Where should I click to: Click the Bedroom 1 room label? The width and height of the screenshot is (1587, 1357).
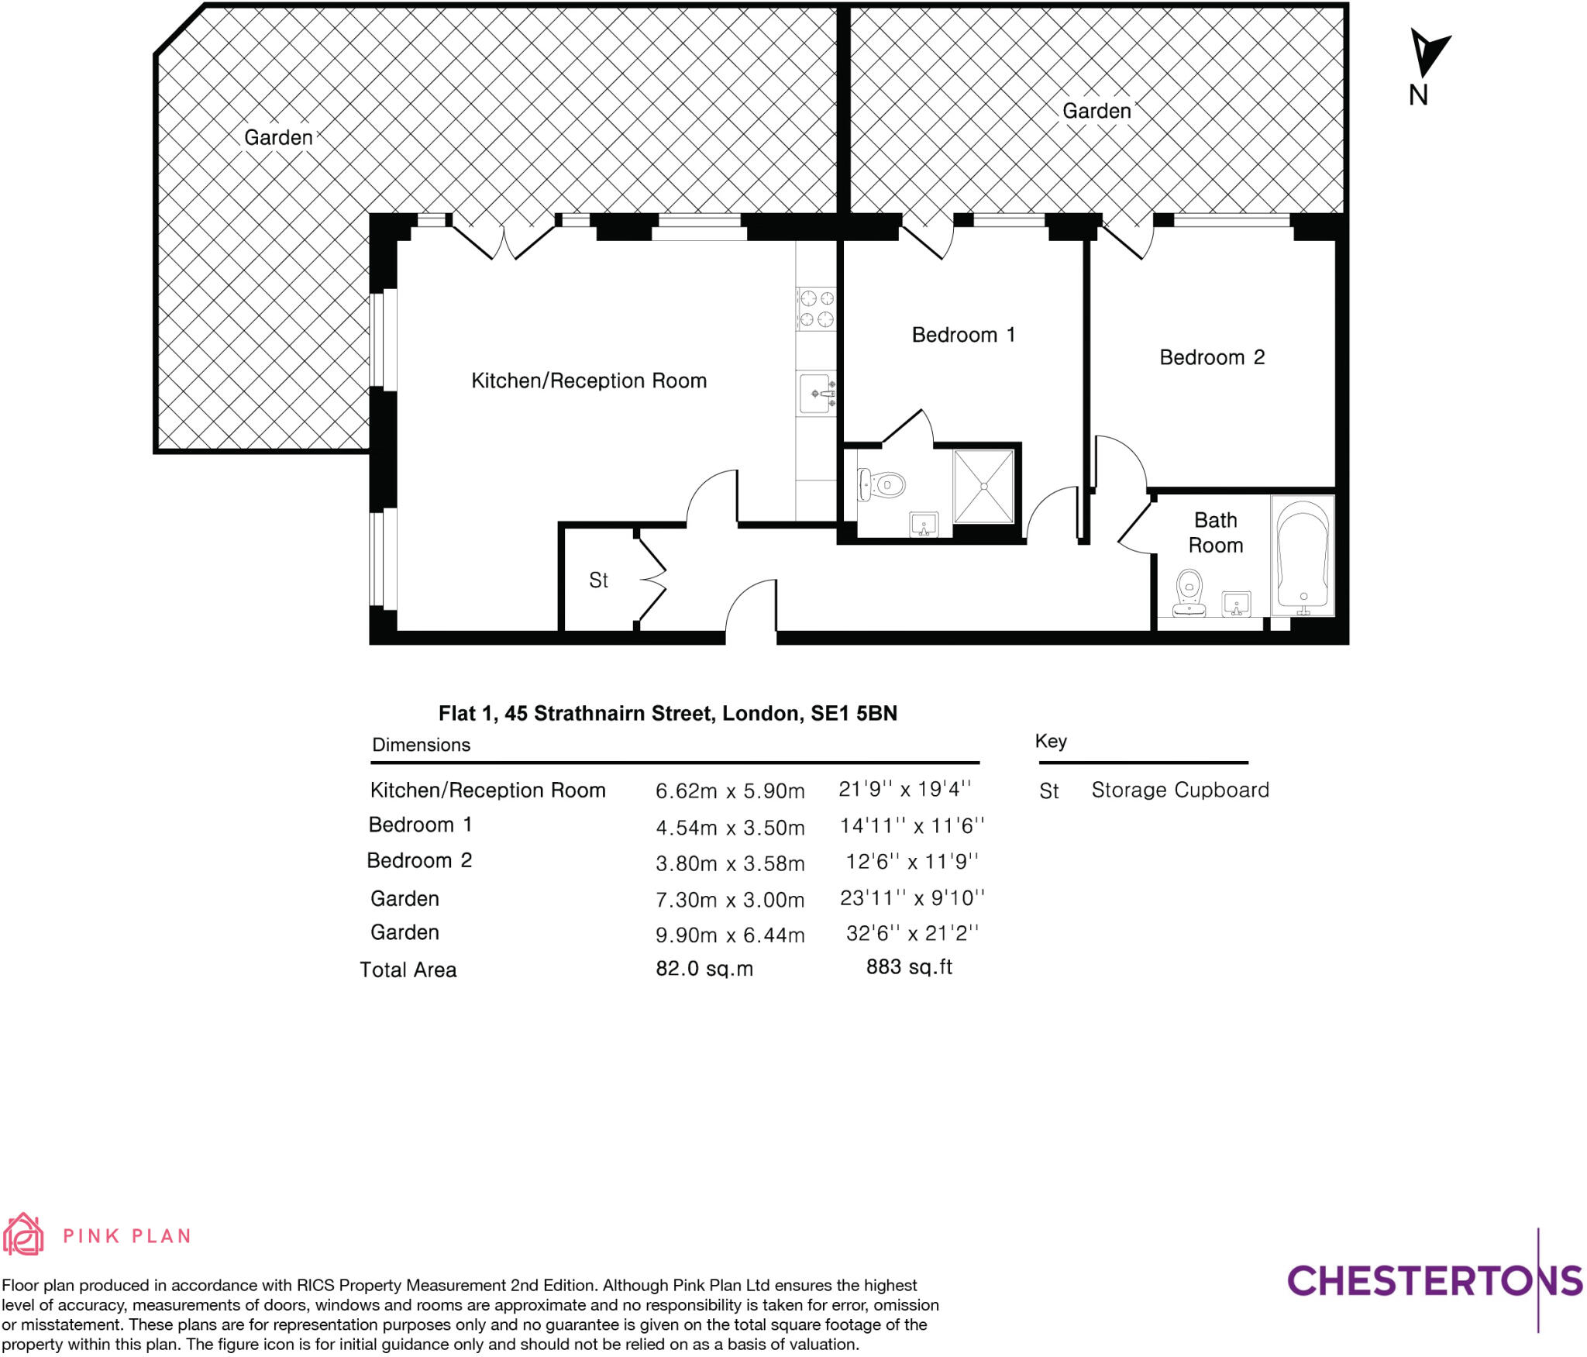coord(962,335)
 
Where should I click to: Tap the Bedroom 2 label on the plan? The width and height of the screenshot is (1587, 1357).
coord(1211,357)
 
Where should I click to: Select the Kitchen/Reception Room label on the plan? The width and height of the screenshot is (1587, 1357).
coord(589,381)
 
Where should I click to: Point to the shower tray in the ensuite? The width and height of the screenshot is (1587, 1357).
coord(983,486)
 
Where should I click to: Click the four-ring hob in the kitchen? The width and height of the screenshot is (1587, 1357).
coord(816,308)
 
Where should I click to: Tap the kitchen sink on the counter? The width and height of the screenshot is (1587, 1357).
coord(817,394)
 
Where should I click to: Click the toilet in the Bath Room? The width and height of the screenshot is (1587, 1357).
coord(1189,593)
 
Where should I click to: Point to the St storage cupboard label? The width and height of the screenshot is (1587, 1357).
coord(598,580)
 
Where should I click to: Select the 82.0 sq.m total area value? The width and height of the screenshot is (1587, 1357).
coord(704,969)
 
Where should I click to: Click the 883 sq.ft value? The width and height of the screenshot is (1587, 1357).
coord(909,967)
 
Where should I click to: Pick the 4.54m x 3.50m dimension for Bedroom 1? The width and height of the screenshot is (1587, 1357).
coord(730,828)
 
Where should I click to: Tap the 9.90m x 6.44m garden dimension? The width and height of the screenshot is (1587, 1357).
coord(730,935)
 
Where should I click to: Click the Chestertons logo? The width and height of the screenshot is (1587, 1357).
coord(1434,1281)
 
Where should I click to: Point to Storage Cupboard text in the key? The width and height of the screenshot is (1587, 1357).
coord(1179,790)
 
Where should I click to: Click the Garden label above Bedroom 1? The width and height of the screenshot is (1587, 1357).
coord(1096,111)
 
